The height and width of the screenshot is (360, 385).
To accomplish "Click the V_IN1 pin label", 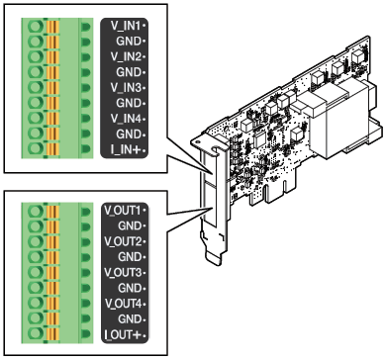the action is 126,26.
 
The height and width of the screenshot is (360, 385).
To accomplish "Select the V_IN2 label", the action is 126,57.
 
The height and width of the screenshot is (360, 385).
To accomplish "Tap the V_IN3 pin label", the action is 126,88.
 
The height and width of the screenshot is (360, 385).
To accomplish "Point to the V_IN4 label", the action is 126,119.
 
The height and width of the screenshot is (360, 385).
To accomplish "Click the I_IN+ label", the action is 126,150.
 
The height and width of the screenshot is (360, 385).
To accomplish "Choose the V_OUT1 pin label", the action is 123,211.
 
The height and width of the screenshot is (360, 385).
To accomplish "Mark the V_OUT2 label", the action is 123,241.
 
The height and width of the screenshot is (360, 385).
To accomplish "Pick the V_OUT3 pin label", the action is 123,273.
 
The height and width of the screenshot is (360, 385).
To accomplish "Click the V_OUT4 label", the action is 123,304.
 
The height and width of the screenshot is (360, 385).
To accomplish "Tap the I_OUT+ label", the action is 123,335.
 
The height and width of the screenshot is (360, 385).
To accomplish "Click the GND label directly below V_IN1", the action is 129,42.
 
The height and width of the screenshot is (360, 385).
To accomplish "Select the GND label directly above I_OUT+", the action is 130,319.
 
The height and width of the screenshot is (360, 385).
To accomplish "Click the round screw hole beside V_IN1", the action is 36,26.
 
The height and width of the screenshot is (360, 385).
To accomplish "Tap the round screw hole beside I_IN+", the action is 36,148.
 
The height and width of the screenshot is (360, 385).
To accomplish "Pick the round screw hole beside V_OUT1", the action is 36,211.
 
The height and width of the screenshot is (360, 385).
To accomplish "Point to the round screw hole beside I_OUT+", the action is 36,333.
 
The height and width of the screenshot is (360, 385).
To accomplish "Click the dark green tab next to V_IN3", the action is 85,88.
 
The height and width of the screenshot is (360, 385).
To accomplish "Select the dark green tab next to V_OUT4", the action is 85,304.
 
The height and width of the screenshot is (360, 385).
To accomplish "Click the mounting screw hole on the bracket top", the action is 197,142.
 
